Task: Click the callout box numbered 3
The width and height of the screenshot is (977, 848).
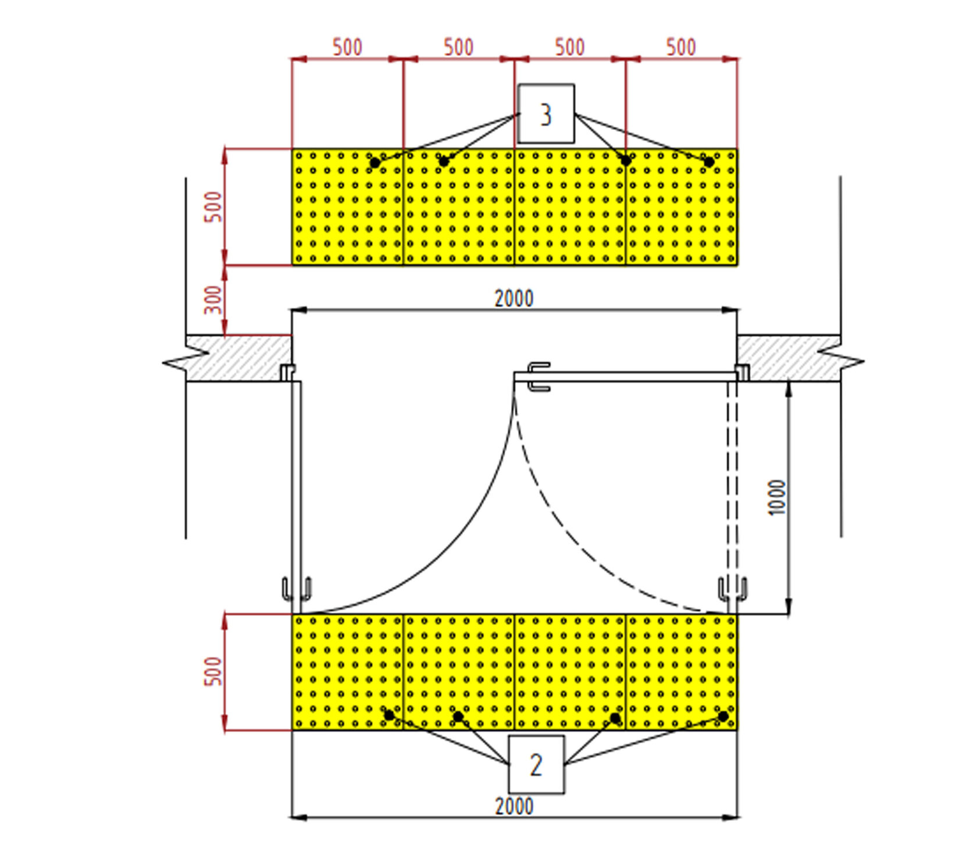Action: pyautogui.click(x=545, y=113)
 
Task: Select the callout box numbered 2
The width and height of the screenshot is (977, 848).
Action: pyautogui.click(x=536, y=764)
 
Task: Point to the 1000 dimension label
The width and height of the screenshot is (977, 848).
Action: pyautogui.click(x=777, y=497)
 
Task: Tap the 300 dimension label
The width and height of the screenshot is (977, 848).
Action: pyautogui.click(x=214, y=300)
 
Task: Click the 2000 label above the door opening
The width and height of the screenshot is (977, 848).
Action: pyautogui.click(x=514, y=299)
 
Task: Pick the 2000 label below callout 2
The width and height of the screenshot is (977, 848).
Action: pyautogui.click(x=514, y=807)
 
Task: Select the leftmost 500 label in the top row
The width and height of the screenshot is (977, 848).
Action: pyautogui.click(x=347, y=47)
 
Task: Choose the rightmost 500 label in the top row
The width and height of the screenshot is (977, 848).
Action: pyautogui.click(x=681, y=47)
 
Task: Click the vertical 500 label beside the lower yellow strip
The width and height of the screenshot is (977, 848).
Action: pyautogui.click(x=214, y=671)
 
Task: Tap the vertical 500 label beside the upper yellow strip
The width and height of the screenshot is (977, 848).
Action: pyautogui.click(x=214, y=206)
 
